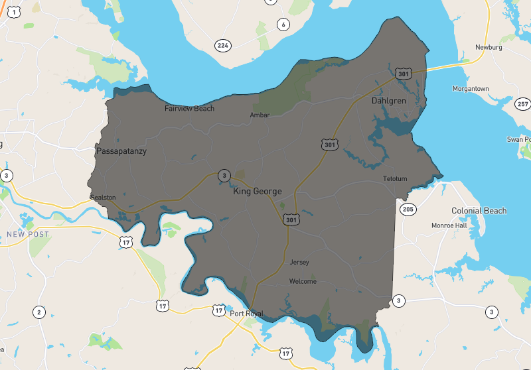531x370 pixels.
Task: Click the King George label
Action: coord(258,192)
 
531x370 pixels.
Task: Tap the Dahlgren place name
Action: coord(388,101)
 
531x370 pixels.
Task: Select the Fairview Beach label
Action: coord(189,108)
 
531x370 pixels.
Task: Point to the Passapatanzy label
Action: coord(121,151)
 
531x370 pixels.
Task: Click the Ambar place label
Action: coord(260,115)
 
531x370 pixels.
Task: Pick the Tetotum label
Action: coord(394,179)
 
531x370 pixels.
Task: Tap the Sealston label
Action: coord(103,198)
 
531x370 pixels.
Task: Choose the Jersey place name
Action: coord(299,263)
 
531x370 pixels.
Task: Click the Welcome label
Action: coord(303,281)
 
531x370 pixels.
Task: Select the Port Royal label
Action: coord(246,314)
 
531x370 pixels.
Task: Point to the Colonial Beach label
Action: coord(479,211)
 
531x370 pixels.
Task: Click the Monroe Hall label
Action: coord(449,225)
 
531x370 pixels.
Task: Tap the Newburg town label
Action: coord(489,47)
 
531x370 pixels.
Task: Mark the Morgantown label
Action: coord(471,89)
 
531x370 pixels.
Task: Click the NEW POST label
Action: coord(24,234)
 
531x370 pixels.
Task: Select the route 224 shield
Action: coord(222,45)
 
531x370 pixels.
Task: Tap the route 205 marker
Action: coord(408,210)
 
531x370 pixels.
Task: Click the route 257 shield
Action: coord(522,104)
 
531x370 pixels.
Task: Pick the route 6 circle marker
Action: coord(283,25)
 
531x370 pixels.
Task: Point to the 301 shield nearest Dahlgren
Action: coord(403,74)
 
